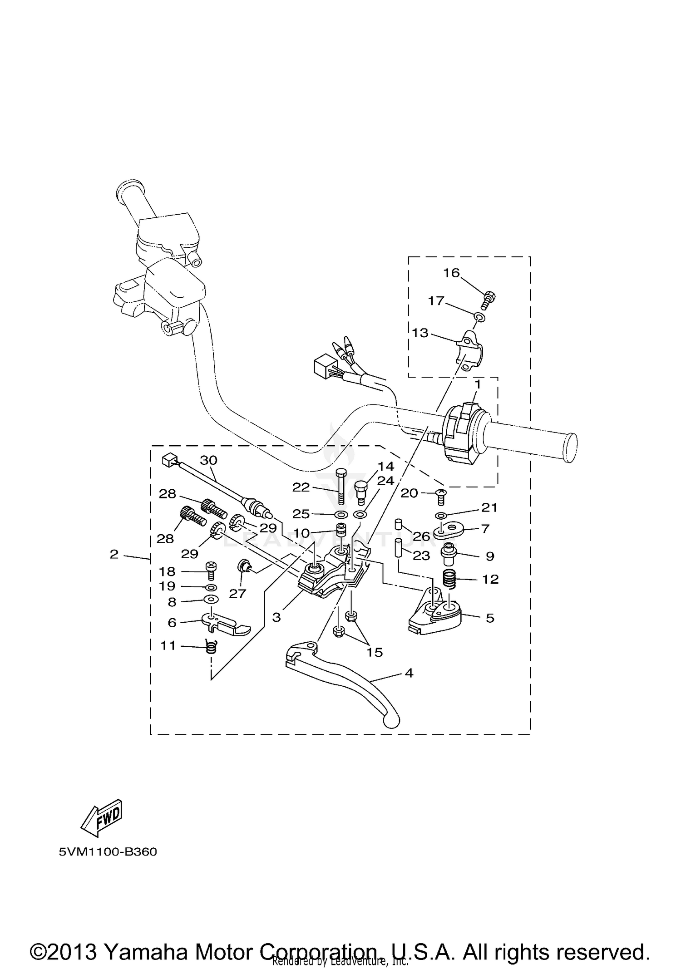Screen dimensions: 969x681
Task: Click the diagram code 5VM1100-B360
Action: coord(108,852)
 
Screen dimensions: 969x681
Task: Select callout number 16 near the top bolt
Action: coord(451,273)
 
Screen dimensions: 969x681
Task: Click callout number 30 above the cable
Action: coord(209,460)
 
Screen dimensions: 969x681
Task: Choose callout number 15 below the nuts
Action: coord(375,652)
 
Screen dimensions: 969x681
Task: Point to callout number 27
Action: coord(237,593)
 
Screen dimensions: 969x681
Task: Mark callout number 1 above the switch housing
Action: coord(477,384)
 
